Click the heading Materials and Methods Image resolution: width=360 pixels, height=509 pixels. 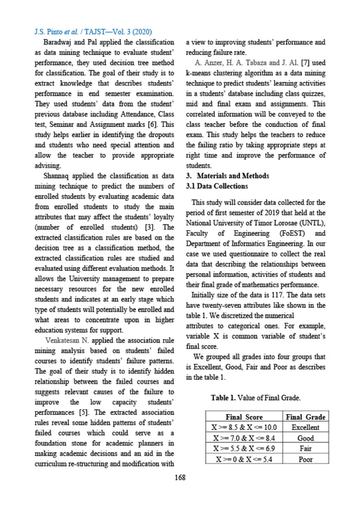click(x=232, y=176)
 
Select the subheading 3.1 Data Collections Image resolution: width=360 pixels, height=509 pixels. click(x=217, y=186)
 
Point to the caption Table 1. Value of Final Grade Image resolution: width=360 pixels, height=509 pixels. click(x=256, y=398)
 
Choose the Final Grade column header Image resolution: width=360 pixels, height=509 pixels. click(x=305, y=417)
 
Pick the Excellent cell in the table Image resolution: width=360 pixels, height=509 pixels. click(x=305, y=428)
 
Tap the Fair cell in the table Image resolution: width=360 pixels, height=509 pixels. click(x=305, y=449)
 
